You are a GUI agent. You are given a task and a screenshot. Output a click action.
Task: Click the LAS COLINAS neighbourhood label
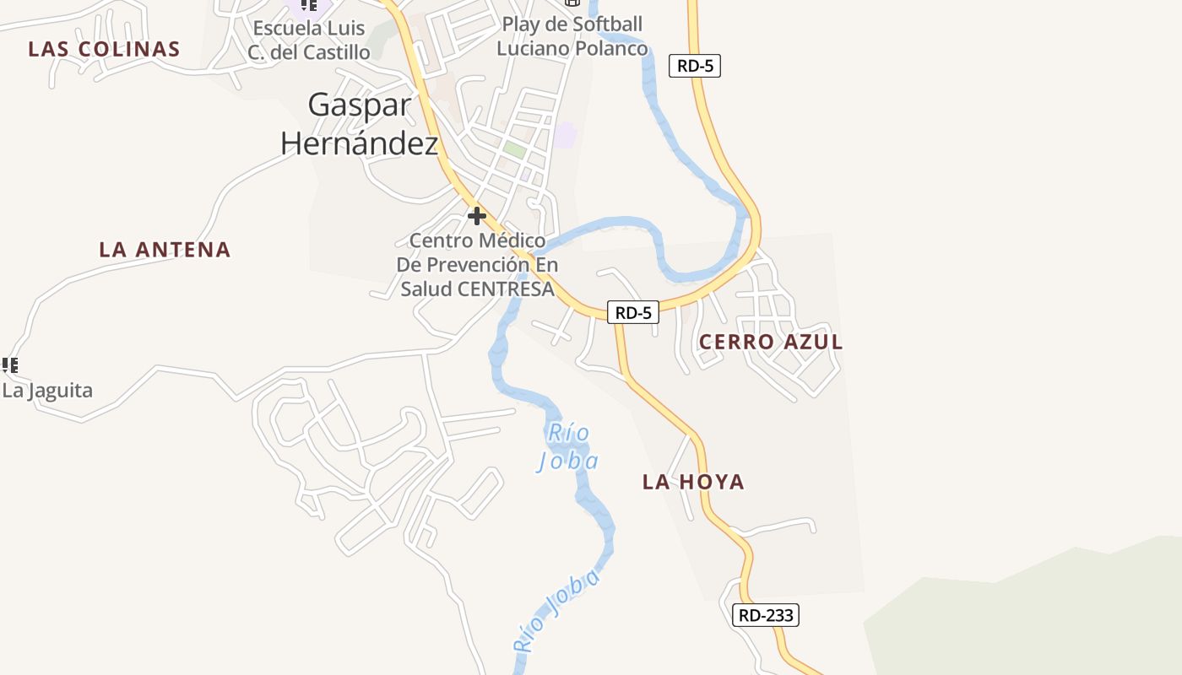(104, 49)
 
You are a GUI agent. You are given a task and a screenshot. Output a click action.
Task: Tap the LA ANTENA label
(165, 250)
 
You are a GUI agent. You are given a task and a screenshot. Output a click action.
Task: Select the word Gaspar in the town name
(360, 105)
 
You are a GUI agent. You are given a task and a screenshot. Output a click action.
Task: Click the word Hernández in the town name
(360, 143)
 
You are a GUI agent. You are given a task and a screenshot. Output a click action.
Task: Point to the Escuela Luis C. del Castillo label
(310, 40)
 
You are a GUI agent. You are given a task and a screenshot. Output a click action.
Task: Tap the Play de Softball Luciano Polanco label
(572, 36)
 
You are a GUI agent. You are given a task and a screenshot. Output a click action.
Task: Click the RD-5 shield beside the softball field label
(694, 66)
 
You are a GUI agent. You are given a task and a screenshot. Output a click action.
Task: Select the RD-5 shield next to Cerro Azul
(633, 313)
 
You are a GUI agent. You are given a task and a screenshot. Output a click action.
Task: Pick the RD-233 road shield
(765, 615)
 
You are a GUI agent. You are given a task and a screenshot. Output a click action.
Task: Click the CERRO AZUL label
(771, 342)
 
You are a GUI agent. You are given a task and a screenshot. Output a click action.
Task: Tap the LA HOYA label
(693, 482)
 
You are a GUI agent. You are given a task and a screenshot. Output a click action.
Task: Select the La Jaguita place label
(47, 391)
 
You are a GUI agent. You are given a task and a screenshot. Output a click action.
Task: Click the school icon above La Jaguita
(10, 365)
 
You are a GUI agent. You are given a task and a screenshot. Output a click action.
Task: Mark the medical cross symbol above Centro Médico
(477, 216)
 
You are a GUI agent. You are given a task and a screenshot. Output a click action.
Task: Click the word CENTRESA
(506, 289)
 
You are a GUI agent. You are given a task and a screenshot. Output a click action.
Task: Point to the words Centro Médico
(477, 240)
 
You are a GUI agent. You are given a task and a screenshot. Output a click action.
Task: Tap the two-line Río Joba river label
(568, 446)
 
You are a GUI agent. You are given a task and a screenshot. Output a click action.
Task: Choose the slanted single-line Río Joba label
(556, 612)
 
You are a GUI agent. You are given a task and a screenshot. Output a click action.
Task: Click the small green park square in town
(514, 149)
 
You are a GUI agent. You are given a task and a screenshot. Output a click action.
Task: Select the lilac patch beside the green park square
(565, 134)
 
